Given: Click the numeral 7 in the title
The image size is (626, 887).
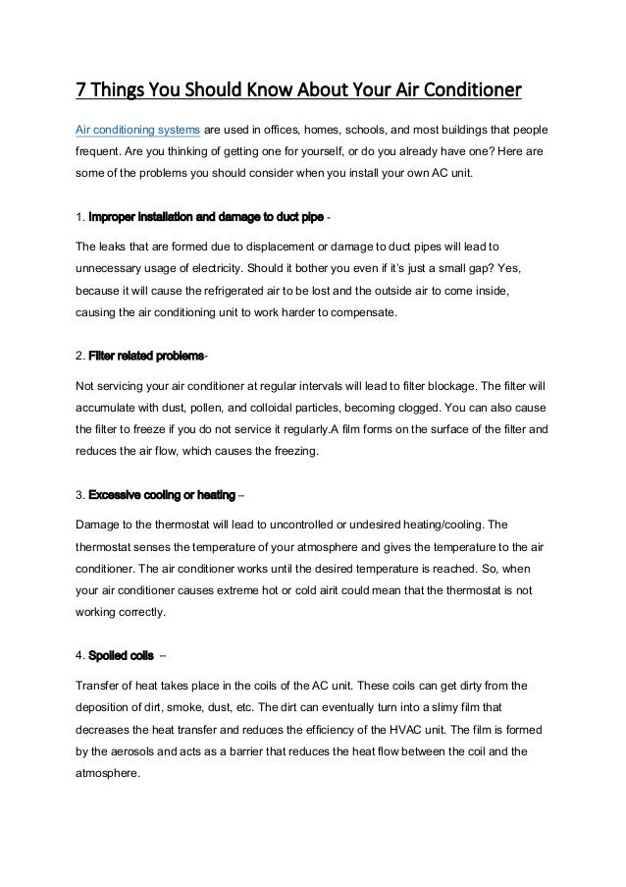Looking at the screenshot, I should tap(82, 92).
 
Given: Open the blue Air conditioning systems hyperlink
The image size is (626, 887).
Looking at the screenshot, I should tap(138, 131).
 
